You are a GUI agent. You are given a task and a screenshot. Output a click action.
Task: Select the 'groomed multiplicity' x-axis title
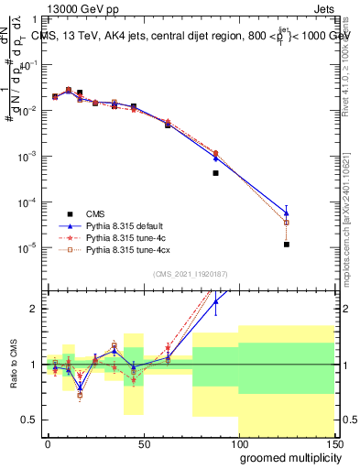point(285,456)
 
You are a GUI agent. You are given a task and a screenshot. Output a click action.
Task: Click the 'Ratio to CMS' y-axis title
point(12,365)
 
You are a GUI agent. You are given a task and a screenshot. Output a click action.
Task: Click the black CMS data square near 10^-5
point(287,245)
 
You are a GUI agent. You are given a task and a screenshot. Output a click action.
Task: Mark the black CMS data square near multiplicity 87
point(215,172)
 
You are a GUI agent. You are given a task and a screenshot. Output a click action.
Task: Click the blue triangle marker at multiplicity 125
point(287,213)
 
